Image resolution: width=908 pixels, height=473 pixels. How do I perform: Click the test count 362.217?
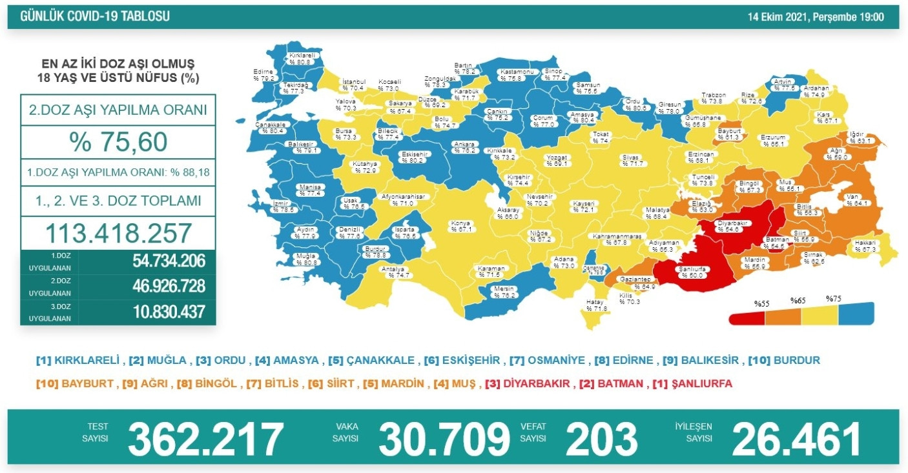pos(206,439)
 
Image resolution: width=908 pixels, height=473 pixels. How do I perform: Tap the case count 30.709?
pos(444,439)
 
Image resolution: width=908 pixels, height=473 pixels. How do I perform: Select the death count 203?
pos(601,439)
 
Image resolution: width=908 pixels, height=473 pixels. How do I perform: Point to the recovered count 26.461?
pos(796,439)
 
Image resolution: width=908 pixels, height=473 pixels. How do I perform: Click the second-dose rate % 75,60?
pos(118,142)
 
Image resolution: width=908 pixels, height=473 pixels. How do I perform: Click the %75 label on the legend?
pos(835,299)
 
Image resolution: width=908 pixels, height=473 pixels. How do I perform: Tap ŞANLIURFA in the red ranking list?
pos(700,383)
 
